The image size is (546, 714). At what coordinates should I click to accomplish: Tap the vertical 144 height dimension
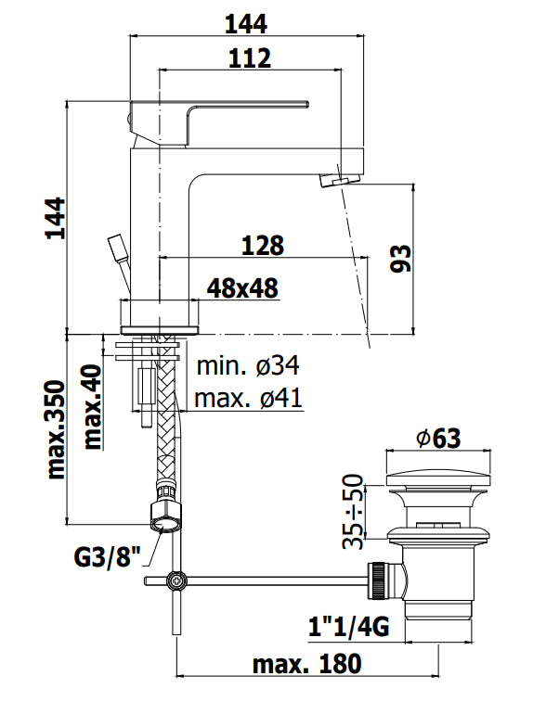(x=57, y=219)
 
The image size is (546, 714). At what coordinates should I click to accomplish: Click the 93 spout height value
(x=400, y=259)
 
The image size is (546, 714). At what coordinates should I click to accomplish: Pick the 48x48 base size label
(x=242, y=289)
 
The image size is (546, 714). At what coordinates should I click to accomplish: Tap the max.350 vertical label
(x=57, y=428)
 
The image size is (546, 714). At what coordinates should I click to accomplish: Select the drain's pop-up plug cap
(x=438, y=479)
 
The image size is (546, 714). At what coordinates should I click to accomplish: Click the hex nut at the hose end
(x=164, y=514)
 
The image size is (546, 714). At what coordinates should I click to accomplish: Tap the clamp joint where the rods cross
(x=174, y=581)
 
